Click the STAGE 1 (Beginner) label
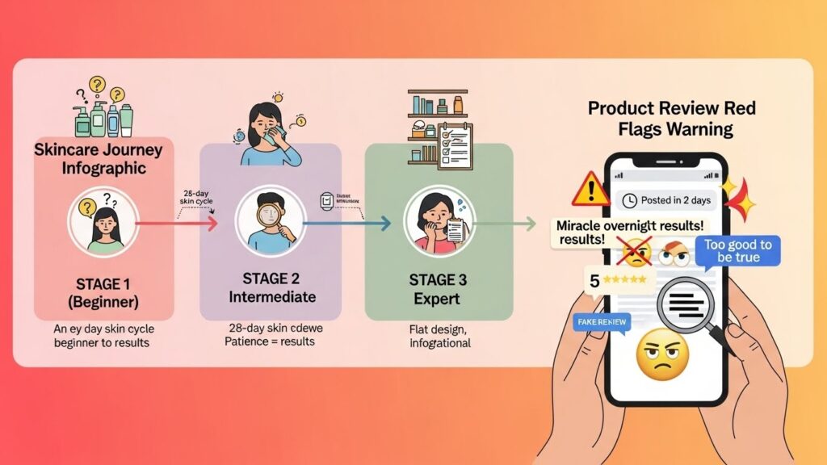point(107,294)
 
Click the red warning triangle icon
point(590,189)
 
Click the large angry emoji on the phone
point(662,355)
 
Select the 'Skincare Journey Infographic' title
point(99,159)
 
